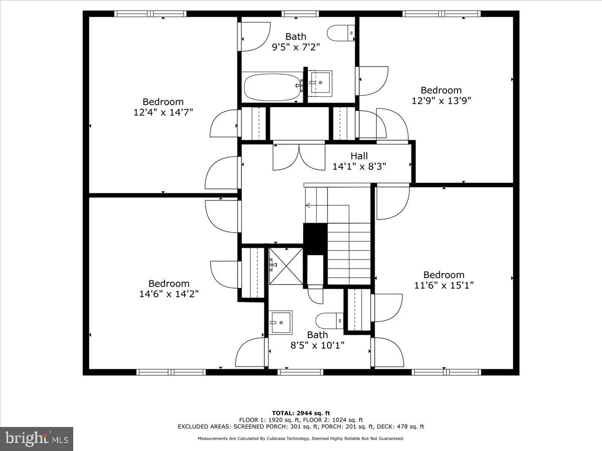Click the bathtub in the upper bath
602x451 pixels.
[271, 87]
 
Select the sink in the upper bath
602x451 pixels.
[320, 82]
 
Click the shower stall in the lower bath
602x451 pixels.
[286, 266]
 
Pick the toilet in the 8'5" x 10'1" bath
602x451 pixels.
[330, 319]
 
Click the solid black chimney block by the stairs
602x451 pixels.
[315, 239]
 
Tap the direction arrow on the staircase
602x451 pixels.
[308, 205]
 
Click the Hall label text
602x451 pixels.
[359, 156]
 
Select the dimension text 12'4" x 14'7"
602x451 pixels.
[163, 112]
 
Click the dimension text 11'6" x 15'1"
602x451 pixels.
[444, 285]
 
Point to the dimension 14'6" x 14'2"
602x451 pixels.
[169, 294]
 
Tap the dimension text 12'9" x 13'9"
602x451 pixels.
[441, 100]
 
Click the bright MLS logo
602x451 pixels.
[37, 439]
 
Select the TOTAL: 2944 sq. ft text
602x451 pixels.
[300, 413]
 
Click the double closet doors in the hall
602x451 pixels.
[299, 156]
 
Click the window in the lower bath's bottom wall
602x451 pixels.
[300, 372]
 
